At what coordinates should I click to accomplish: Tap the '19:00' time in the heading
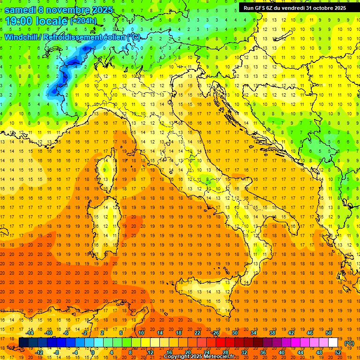18,21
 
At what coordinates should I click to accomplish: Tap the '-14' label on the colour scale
30,333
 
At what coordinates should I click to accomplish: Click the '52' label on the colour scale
338,352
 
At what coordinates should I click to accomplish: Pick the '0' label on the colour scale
93,352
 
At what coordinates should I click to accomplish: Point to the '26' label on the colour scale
216,333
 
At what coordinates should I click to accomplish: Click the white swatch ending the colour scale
333,343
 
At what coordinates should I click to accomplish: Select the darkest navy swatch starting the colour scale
23,343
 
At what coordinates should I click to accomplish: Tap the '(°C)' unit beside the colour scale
349,343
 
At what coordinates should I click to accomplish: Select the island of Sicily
211,300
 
